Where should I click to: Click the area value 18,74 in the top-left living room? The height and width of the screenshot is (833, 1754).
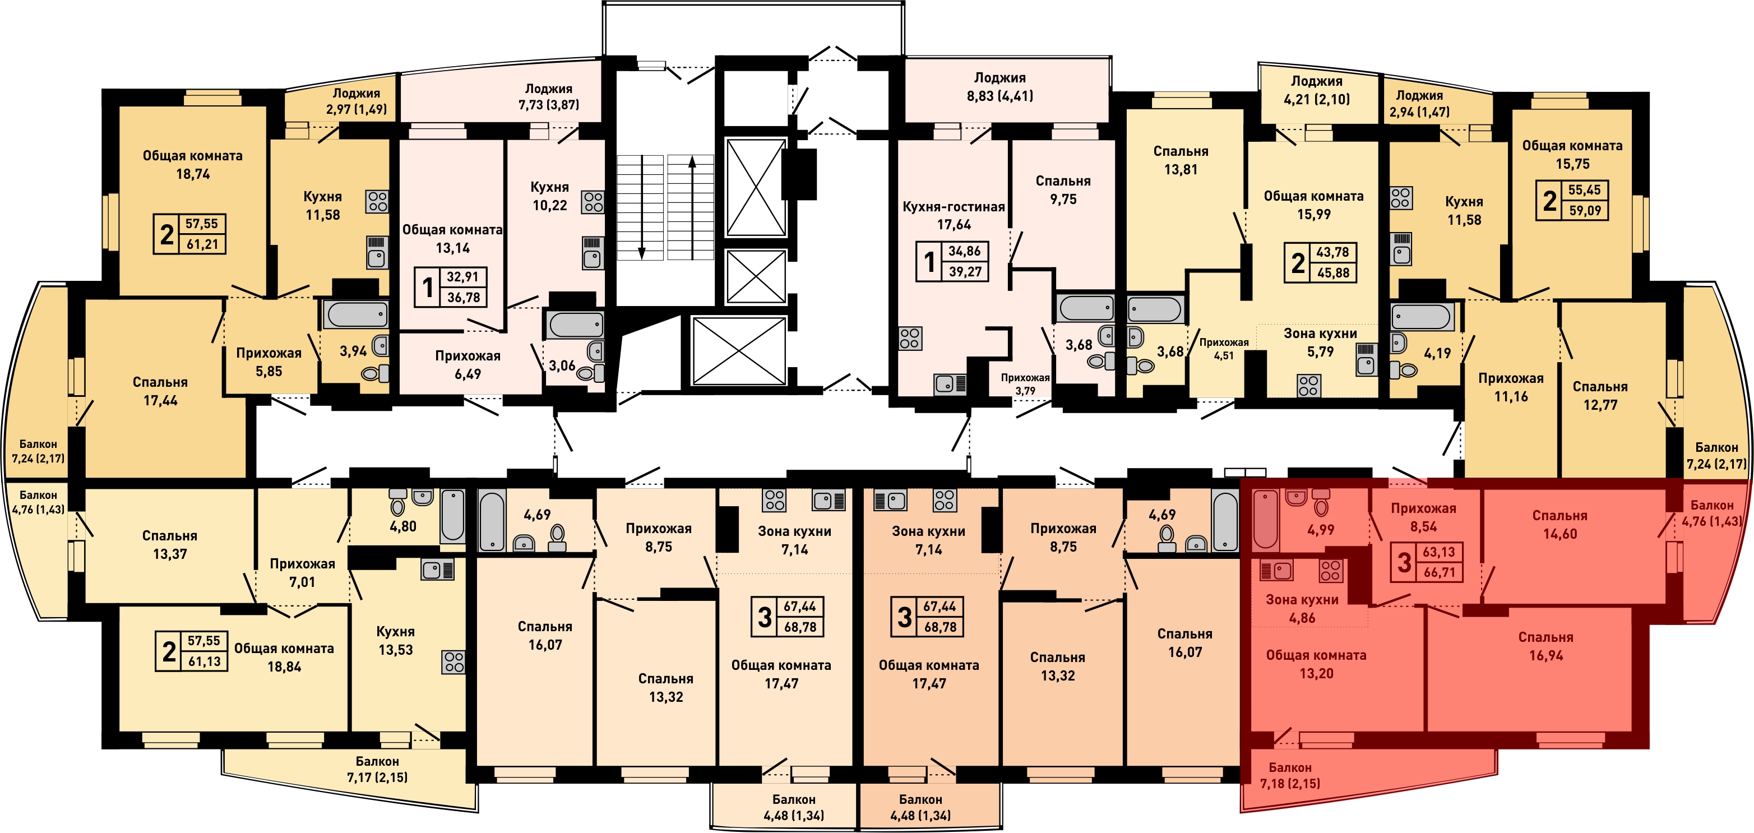pos(193,174)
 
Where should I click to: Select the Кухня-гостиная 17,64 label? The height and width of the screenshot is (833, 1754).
pos(954,215)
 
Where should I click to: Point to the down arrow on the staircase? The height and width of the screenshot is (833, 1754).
pos(641,208)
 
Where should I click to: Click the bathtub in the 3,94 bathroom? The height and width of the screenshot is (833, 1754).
pos(356,314)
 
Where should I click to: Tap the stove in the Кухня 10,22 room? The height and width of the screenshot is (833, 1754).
pos(593,202)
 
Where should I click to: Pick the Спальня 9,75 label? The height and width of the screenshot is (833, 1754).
pos(1063,190)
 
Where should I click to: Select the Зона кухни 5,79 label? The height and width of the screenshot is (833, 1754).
pos(1320,343)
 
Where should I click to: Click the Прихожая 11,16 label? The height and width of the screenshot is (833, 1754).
pos(1510,387)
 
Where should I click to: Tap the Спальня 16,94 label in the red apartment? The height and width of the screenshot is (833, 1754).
pos(1545,646)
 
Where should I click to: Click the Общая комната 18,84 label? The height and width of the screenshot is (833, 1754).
pos(284,658)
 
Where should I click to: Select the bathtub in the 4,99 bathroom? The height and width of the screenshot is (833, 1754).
pos(1266,519)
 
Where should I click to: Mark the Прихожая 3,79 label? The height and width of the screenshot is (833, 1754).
pos(1025,384)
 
